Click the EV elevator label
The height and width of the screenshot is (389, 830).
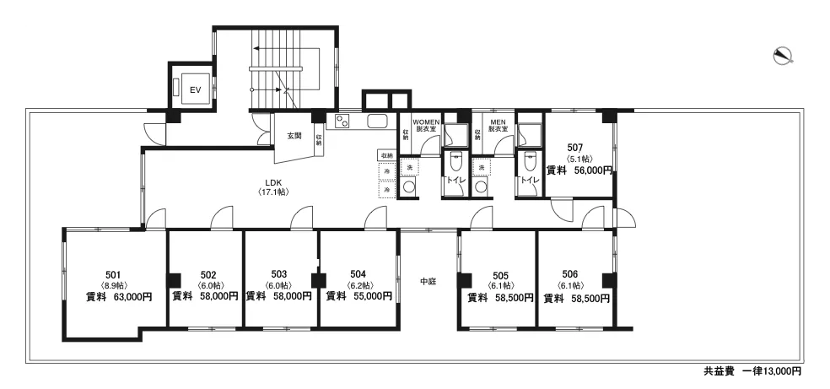point(196,89)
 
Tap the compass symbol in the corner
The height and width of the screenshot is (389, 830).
point(783,56)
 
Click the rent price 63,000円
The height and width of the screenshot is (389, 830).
point(133,297)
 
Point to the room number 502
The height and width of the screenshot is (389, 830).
point(208,275)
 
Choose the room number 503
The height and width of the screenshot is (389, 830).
point(279,274)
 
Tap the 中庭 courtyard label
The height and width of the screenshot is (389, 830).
point(428,281)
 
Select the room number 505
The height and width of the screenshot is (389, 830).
point(500,275)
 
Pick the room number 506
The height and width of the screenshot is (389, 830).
point(570,274)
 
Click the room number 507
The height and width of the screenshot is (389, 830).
point(575,148)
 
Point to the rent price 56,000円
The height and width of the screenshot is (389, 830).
point(593,170)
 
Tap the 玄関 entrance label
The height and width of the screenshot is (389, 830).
point(294,136)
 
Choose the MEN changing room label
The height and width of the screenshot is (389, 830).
point(499,125)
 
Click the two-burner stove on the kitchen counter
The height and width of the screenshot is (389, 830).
point(342,121)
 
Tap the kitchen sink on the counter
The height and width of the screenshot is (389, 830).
point(377,122)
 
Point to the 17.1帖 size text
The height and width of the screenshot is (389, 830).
point(273,192)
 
